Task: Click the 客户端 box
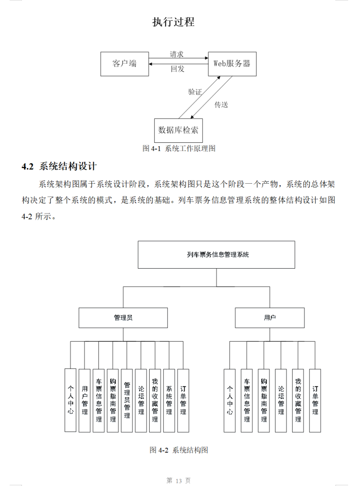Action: pos(124,64)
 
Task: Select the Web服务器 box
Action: pos(232,64)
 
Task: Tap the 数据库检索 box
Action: pos(179,130)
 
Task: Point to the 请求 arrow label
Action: pos(177,55)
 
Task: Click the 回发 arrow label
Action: pos(178,69)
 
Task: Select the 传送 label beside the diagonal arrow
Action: pos(221,104)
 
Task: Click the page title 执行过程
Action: pos(173,22)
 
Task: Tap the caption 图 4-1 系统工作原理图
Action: pos(179,149)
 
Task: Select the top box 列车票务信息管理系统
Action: pos(216,255)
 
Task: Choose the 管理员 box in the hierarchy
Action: pos(123,318)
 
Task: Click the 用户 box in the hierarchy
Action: pos(270,318)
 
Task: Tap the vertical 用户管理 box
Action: pos(85,401)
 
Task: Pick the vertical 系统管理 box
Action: pos(169,401)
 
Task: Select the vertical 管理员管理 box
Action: pos(127,401)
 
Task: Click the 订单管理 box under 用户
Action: pos(315,401)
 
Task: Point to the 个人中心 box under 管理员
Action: pos(70,401)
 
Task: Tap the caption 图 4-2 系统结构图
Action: pos(179,450)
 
